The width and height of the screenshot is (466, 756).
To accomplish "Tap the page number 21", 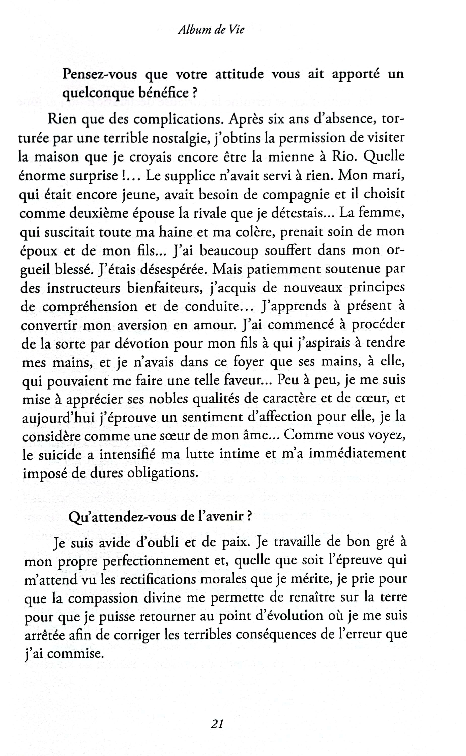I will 217,723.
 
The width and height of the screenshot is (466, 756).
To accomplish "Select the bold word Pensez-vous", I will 100,75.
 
